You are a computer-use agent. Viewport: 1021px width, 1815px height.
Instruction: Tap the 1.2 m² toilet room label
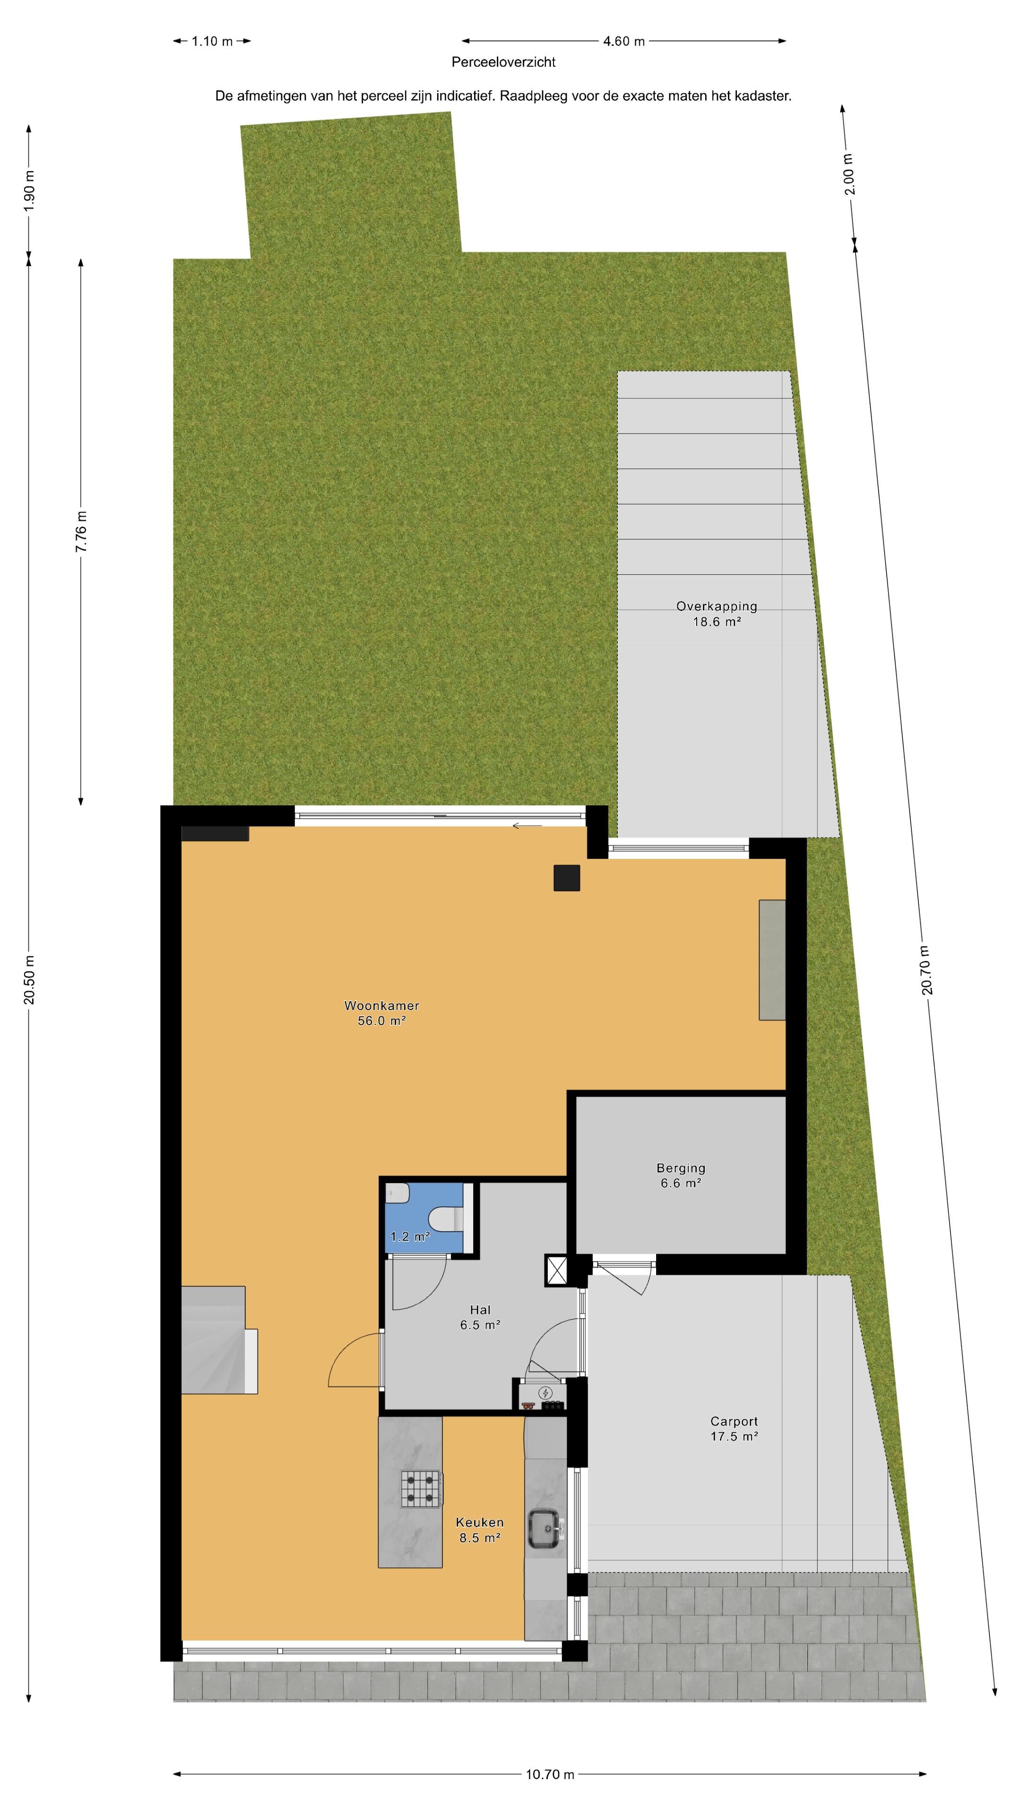[x=410, y=1236]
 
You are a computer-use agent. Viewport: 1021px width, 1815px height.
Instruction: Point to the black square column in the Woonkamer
[x=567, y=878]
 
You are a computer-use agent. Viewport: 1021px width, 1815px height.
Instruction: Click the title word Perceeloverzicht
[x=503, y=62]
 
